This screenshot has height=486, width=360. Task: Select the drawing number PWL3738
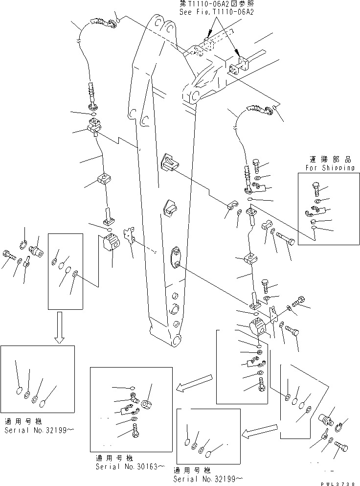(x=338, y=483)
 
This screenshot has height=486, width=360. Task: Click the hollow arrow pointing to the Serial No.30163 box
(x=194, y=383)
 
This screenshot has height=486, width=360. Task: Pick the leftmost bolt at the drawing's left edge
(x=10, y=255)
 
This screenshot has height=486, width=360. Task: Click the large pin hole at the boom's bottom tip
(x=175, y=339)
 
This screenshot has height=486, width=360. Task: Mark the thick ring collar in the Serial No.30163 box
(x=148, y=404)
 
